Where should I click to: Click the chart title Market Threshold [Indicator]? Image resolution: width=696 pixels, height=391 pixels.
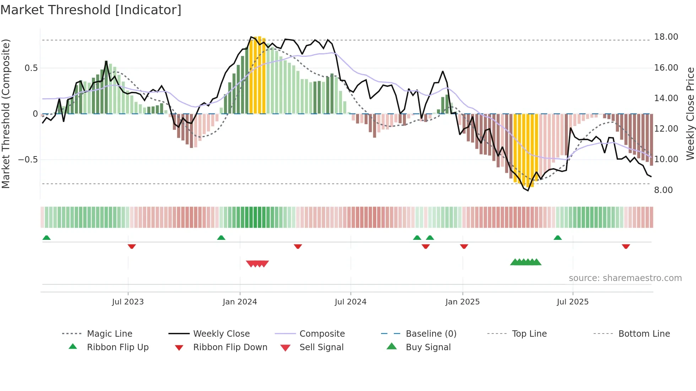[91, 10]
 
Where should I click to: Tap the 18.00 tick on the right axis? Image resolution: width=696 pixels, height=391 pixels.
[666, 37]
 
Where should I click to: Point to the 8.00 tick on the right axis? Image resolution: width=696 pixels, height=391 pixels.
[663, 190]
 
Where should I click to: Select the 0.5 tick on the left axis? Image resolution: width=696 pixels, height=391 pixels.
[31, 68]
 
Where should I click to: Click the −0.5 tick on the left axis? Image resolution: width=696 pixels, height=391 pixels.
[28, 160]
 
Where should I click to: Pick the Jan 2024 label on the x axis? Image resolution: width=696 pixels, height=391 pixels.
[240, 302]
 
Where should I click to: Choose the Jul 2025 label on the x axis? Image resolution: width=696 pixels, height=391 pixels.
[572, 302]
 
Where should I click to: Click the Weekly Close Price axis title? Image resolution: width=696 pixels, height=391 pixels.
[690, 114]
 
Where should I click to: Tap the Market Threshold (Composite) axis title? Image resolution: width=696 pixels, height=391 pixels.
[6, 114]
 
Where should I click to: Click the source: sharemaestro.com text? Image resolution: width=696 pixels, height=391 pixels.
[625, 278]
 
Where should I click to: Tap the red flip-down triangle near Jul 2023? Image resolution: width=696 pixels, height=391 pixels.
[132, 246]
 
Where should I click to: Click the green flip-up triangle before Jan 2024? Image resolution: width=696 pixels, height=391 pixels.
[221, 238]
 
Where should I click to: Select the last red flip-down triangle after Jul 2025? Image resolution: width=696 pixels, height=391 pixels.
[626, 246]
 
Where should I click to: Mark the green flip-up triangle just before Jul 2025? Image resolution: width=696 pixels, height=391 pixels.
[558, 238]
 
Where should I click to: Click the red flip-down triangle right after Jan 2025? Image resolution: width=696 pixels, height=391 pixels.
[464, 246]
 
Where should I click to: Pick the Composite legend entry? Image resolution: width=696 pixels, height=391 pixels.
[322, 334]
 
